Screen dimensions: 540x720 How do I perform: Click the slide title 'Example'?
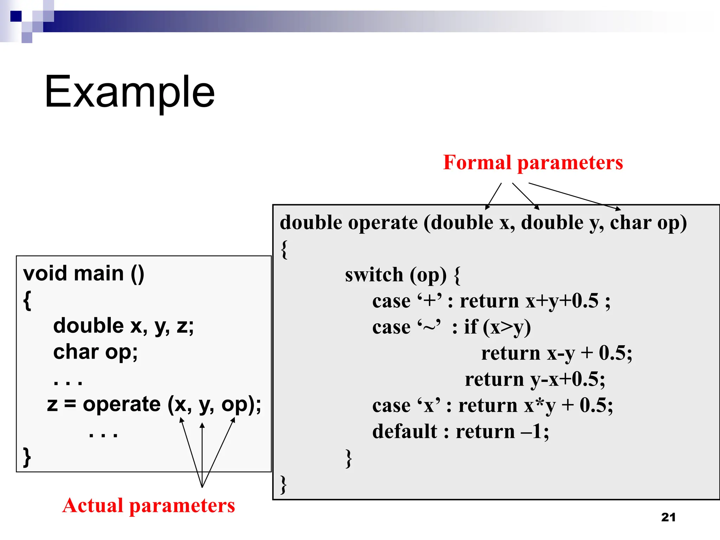pos(129,92)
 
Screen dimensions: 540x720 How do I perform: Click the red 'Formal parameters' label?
pos(533,163)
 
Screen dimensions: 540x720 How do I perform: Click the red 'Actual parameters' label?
pos(148,506)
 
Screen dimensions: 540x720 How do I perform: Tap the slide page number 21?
pos(668,517)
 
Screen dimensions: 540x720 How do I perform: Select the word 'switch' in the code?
pos(374,275)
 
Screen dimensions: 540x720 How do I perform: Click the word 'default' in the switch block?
pos(405,431)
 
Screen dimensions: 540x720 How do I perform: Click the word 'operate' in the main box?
pos(122,404)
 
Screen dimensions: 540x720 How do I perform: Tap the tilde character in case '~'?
pos(429,327)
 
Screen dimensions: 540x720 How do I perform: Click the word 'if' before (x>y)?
pos(471,327)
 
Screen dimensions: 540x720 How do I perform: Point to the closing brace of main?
pos(27,457)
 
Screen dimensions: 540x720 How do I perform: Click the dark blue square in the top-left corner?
pos(16,16)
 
